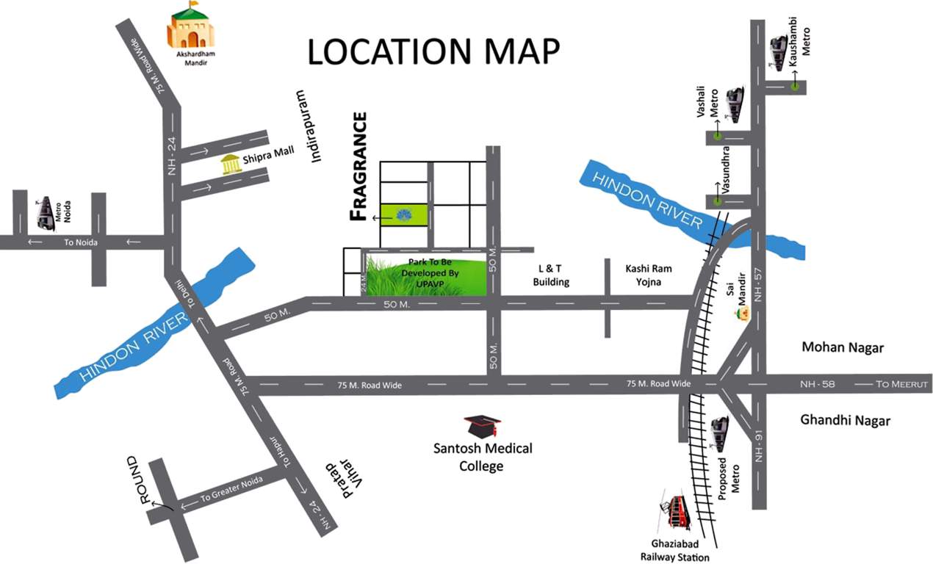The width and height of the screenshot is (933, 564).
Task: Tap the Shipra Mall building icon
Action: tap(232, 165)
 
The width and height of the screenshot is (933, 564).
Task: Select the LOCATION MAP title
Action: tap(433, 51)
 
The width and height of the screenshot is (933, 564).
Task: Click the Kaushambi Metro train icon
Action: tap(779, 52)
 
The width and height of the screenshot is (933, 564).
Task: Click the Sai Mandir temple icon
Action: tap(743, 314)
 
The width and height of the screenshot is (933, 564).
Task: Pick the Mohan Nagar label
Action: tap(843, 347)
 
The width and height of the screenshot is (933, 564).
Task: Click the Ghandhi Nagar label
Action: tap(845, 421)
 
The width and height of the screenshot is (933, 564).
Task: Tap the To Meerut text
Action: tap(903, 384)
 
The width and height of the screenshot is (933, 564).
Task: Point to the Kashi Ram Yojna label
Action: tap(646, 275)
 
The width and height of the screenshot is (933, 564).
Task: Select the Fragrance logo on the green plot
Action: tap(403, 215)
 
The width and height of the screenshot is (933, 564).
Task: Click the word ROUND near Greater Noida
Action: tap(139, 481)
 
